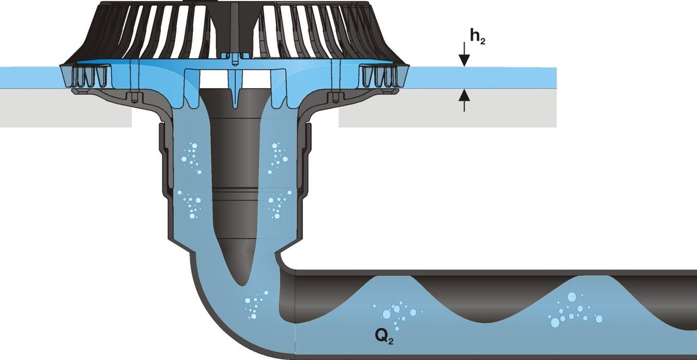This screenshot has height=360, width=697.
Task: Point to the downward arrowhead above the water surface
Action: [x=464, y=60]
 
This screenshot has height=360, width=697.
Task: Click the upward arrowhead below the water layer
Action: [x=464, y=95]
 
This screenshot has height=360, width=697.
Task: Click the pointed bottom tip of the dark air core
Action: [x=242, y=284]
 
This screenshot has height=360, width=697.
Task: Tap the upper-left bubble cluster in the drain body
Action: [x=191, y=158]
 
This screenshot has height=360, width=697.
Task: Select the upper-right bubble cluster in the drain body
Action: [x=278, y=158]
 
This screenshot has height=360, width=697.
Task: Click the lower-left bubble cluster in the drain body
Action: [x=189, y=204]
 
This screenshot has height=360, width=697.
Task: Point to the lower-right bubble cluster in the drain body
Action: [x=279, y=204]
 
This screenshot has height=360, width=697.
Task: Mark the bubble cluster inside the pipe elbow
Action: [x=256, y=305]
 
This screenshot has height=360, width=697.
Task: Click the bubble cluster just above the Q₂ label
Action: [x=397, y=315]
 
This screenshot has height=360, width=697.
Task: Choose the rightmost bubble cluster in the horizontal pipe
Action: [x=575, y=310]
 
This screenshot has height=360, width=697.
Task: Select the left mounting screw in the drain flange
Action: [x=134, y=96]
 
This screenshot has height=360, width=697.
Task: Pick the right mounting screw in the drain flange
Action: [x=335, y=96]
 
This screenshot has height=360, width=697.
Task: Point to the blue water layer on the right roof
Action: [x=482, y=78]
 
